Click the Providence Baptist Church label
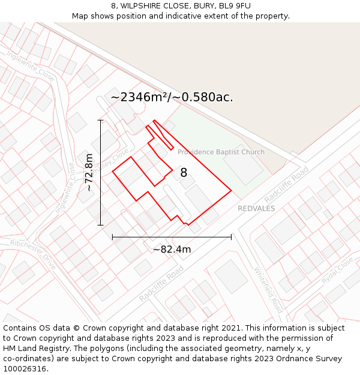[221, 152]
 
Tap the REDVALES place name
[256, 209]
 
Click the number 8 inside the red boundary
[184, 173]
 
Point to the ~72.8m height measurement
[89, 172]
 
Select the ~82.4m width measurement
[172, 249]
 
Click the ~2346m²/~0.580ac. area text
[172, 97]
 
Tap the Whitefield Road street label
[268, 289]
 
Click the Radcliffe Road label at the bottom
[161, 284]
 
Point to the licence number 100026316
[25, 368]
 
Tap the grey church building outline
[242, 165]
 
